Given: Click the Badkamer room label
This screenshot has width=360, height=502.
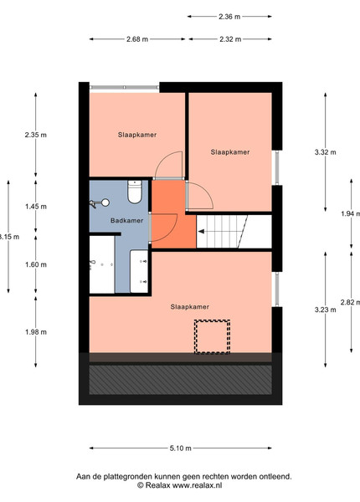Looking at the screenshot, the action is [x=126, y=221].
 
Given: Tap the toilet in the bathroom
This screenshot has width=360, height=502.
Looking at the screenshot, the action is [x=135, y=192].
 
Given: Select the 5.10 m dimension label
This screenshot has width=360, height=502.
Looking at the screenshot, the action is [x=181, y=448].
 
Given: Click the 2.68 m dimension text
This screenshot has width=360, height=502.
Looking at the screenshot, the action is [x=137, y=39].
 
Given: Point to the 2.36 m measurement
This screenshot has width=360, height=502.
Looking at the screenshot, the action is [x=229, y=17].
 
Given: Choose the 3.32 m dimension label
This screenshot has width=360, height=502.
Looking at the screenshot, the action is [x=326, y=152].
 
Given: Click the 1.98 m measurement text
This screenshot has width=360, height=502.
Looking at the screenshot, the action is [x=36, y=332].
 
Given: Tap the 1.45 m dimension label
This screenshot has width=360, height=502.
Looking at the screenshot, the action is [x=36, y=207].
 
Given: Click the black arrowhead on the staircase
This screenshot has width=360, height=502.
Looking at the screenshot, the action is [x=202, y=232].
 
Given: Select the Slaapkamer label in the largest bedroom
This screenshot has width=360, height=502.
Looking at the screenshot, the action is [x=189, y=307].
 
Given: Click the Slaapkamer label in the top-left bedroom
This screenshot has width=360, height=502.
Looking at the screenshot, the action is [x=137, y=135].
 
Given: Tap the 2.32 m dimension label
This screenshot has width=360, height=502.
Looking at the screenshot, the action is [x=230, y=39].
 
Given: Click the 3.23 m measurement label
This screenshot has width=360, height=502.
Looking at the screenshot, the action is [x=326, y=310].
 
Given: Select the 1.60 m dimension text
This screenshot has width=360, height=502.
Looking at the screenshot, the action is [x=36, y=264].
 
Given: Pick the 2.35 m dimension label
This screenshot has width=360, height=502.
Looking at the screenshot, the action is [x=35, y=135].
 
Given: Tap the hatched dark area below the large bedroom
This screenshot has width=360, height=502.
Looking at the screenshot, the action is [x=180, y=380].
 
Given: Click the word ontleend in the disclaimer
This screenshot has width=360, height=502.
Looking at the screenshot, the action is [x=277, y=477].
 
